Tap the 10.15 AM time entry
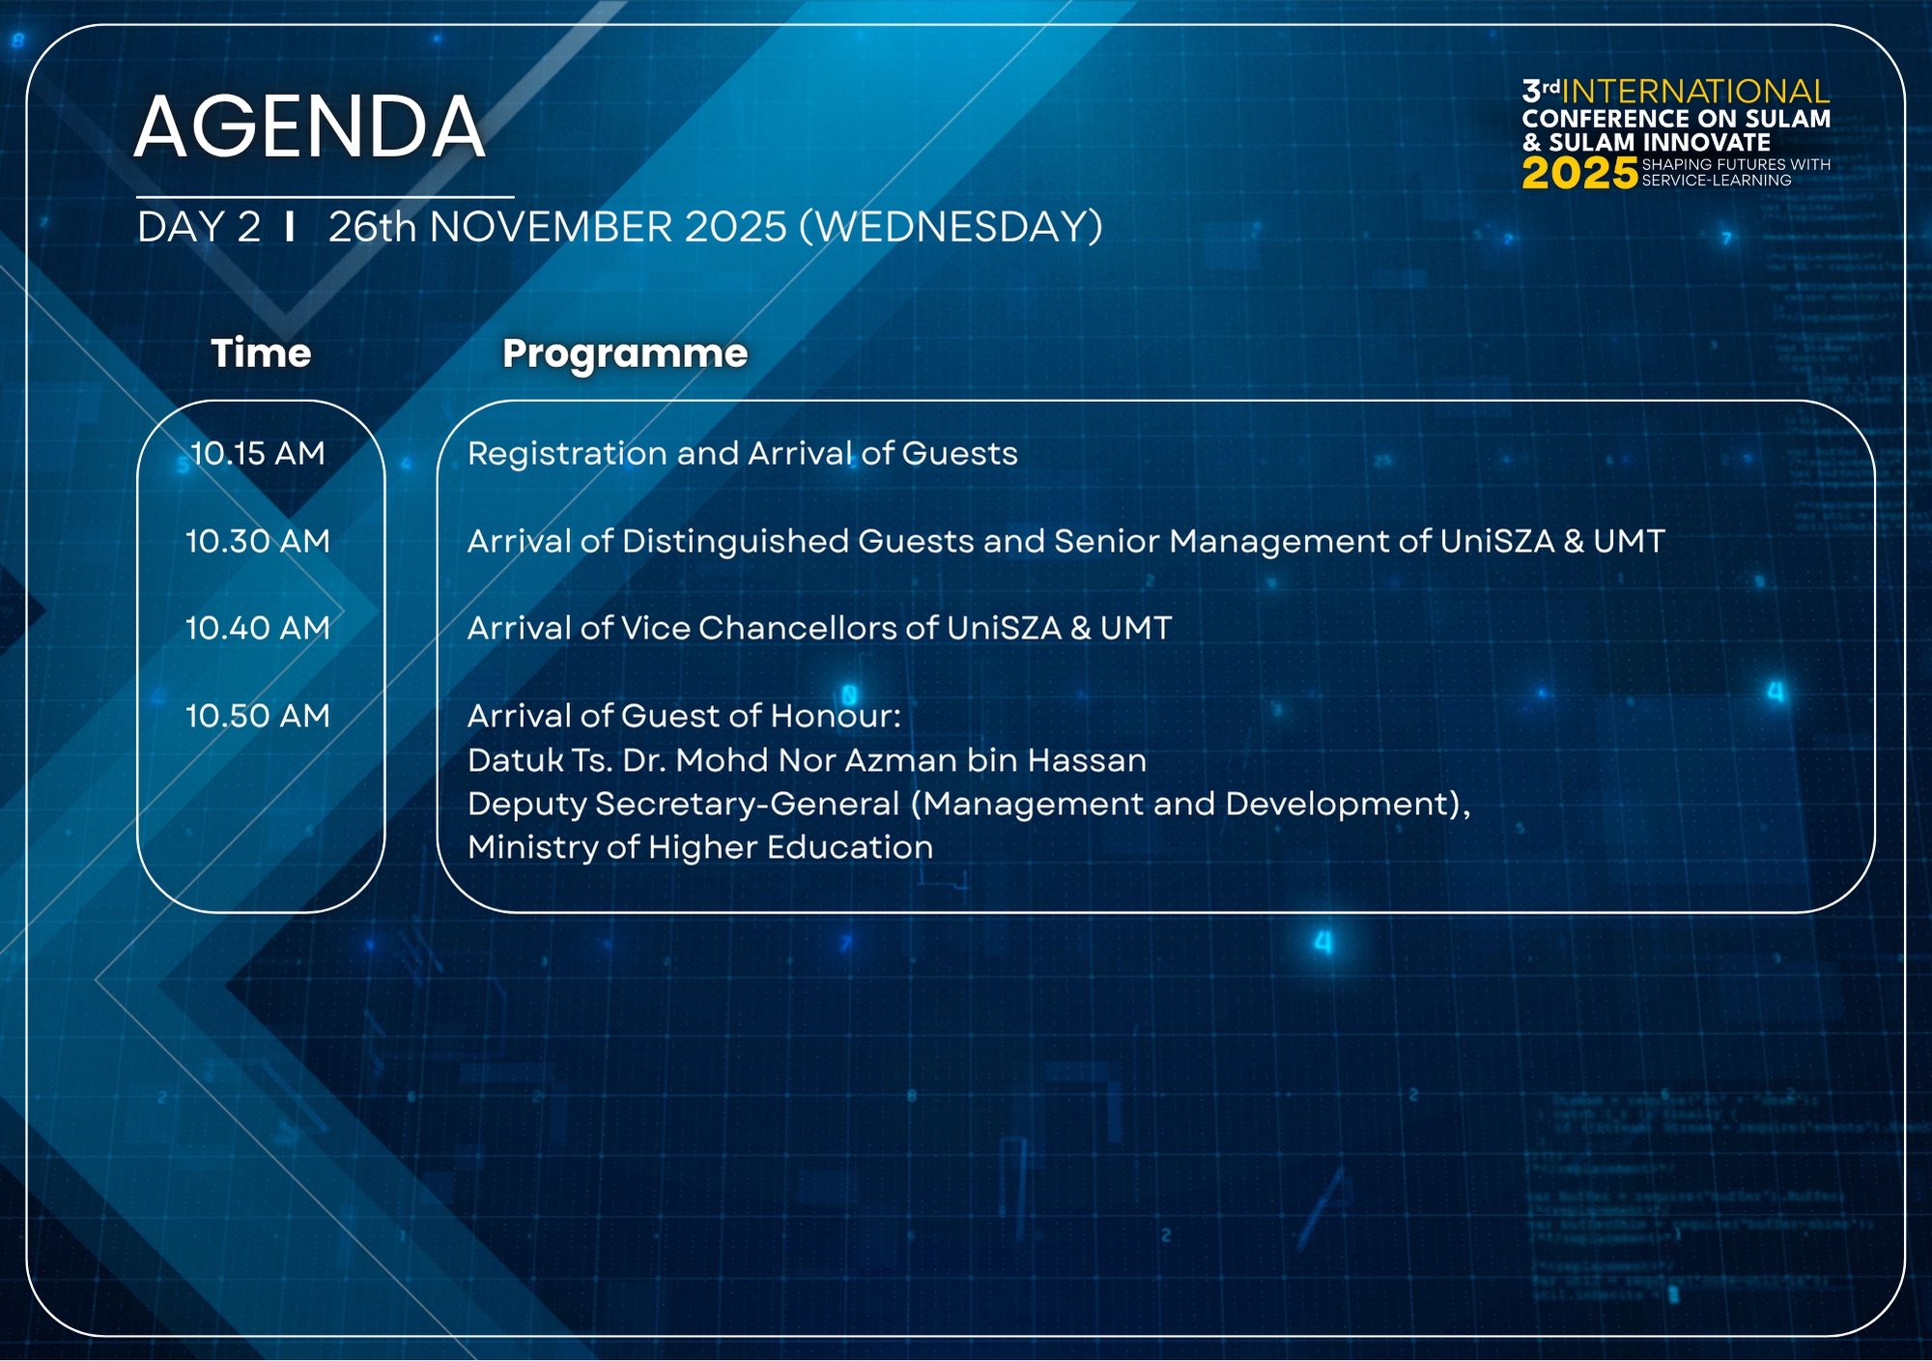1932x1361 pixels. click(258, 453)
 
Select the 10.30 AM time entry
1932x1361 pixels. click(258, 541)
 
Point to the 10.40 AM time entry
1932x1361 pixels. click(258, 628)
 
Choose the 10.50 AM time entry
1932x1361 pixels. click(258, 716)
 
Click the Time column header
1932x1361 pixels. click(262, 353)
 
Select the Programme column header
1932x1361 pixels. click(625, 354)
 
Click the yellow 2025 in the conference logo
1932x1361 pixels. click(1579, 174)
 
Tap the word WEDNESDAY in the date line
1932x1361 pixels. click(952, 227)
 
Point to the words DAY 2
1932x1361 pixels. click(199, 227)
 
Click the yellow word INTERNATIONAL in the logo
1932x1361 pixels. click(1695, 92)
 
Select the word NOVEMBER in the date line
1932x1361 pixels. click(554, 227)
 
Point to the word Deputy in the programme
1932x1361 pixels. click(526, 805)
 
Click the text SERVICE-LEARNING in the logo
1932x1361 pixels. click(1717, 181)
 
